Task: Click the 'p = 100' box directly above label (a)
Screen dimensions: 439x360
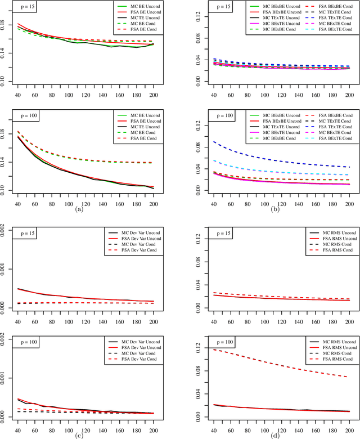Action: tap(25, 115)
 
